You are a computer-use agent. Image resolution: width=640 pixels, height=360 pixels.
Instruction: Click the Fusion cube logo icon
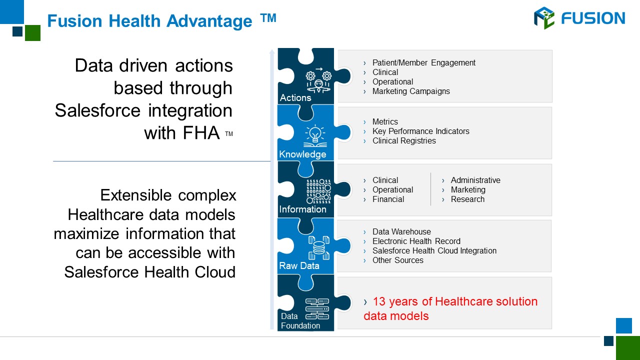(544, 18)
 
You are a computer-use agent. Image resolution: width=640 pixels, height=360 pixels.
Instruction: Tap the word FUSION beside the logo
(593, 18)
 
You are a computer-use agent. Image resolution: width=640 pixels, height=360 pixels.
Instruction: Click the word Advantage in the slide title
(209, 21)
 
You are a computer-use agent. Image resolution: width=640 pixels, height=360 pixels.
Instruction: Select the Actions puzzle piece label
(295, 97)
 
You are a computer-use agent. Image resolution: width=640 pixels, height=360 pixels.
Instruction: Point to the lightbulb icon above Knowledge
(315, 135)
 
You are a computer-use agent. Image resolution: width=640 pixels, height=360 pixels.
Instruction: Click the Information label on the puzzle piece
(302, 209)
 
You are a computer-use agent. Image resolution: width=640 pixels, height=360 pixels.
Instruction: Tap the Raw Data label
(299, 265)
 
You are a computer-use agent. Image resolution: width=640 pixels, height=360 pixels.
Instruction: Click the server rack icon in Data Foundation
(317, 309)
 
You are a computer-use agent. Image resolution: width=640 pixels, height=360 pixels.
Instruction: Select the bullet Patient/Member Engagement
(423, 62)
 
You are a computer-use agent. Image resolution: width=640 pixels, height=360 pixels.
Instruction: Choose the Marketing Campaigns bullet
(411, 91)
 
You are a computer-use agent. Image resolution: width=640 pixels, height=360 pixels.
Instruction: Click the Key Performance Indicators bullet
(421, 131)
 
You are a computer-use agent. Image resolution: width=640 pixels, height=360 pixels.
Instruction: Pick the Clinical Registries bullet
(404, 140)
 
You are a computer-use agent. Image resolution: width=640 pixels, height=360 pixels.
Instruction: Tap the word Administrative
(475, 180)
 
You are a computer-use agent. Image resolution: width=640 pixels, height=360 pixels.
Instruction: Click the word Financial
(388, 199)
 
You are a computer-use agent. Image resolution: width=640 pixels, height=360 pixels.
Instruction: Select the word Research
(467, 199)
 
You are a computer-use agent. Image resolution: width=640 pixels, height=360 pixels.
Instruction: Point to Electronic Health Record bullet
(416, 241)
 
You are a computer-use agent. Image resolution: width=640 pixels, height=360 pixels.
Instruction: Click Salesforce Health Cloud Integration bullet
(434, 250)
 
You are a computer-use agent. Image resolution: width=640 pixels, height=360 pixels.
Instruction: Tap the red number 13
(379, 301)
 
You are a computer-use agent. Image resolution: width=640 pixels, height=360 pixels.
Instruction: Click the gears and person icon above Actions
(318, 80)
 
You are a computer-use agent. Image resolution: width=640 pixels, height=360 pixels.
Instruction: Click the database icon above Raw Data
(319, 247)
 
